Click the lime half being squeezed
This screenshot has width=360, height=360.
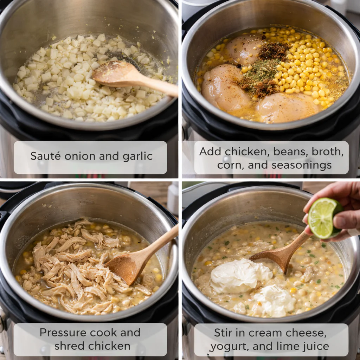tap(323, 218)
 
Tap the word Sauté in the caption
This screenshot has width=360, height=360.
tap(43, 156)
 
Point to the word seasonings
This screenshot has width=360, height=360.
tap(301, 165)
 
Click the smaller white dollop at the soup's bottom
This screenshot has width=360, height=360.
tap(274, 301)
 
